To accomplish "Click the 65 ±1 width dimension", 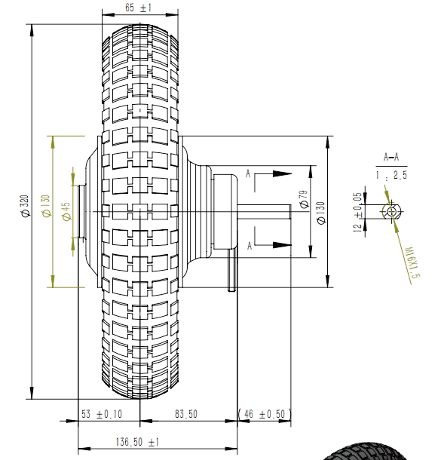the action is [x=139, y=8].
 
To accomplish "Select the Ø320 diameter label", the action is [x=25, y=206].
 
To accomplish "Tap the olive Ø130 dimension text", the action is [x=47, y=206].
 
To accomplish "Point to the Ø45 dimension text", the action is [x=66, y=211].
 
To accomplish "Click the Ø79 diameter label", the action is [x=305, y=199].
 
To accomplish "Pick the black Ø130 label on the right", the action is [x=321, y=213].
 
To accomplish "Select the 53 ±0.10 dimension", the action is [x=102, y=414].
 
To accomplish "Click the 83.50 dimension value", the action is [x=186, y=414].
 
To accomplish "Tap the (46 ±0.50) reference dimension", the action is [x=264, y=414].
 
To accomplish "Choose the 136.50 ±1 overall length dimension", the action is [x=137, y=442].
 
